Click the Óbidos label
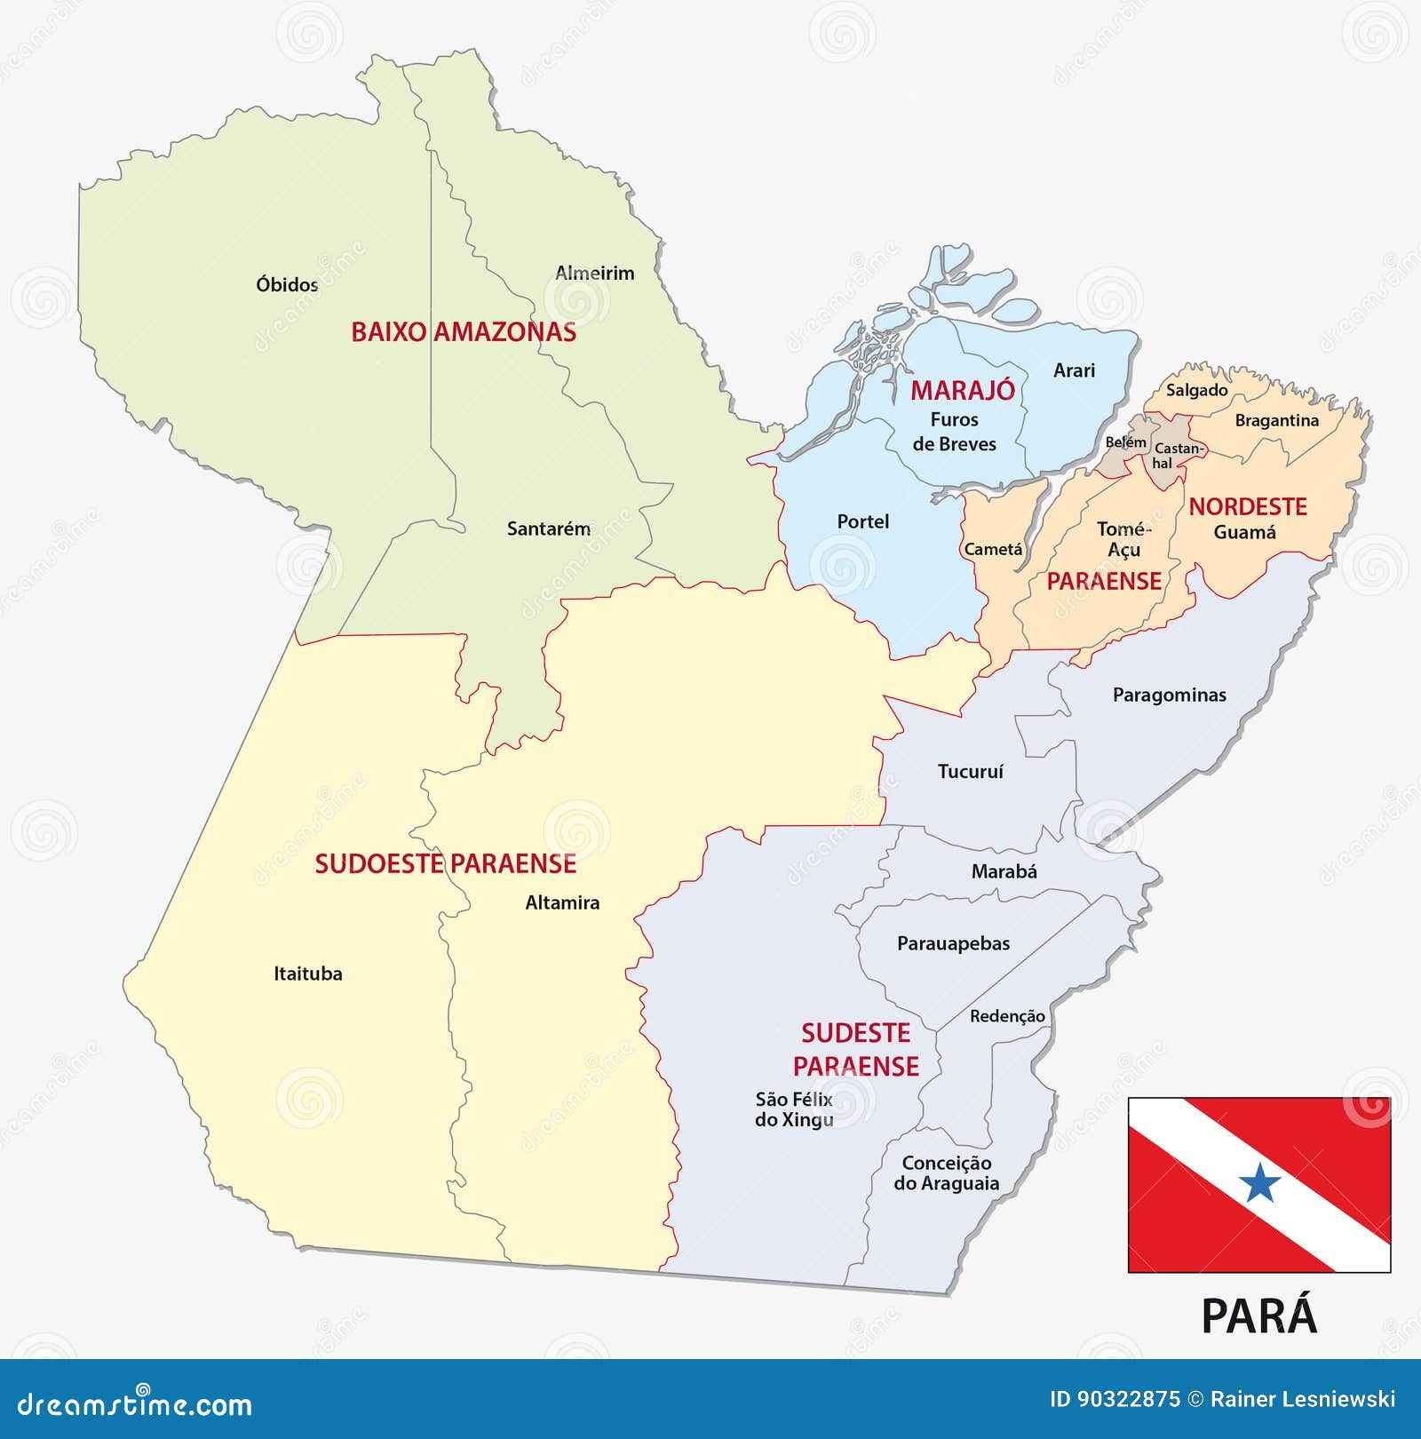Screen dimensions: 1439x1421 (287, 284)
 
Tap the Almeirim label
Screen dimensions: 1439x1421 (594, 273)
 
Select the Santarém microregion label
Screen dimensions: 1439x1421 (548, 529)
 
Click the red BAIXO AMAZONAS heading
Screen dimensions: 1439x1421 (464, 332)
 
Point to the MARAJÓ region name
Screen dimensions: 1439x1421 (962, 390)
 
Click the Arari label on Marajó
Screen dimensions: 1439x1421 (1074, 370)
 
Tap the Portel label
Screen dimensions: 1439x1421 (862, 521)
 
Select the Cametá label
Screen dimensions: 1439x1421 (993, 549)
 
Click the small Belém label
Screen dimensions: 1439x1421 (1125, 441)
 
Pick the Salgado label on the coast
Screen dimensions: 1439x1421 (1196, 390)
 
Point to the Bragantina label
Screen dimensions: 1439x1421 (1276, 420)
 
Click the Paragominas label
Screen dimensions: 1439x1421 (1169, 695)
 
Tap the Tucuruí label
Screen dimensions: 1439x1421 (970, 771)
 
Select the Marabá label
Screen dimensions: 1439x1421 (1004, 871)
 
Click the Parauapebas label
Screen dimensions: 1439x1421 (953, 943)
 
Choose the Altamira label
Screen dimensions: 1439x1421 (562, 902)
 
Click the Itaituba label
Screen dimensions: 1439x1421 (307, 974)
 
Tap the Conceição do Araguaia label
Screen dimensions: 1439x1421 (946, 1173)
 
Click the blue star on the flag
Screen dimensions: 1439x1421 (1259, 1183)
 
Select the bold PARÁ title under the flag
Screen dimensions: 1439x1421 (1258, 1316)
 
